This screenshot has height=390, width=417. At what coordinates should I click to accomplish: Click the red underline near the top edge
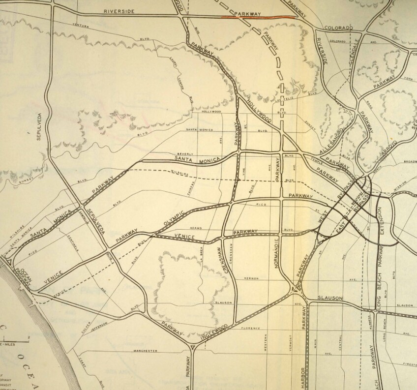tap(259, 17)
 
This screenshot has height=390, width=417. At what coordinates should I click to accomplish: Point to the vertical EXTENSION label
tap(380, 220)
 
